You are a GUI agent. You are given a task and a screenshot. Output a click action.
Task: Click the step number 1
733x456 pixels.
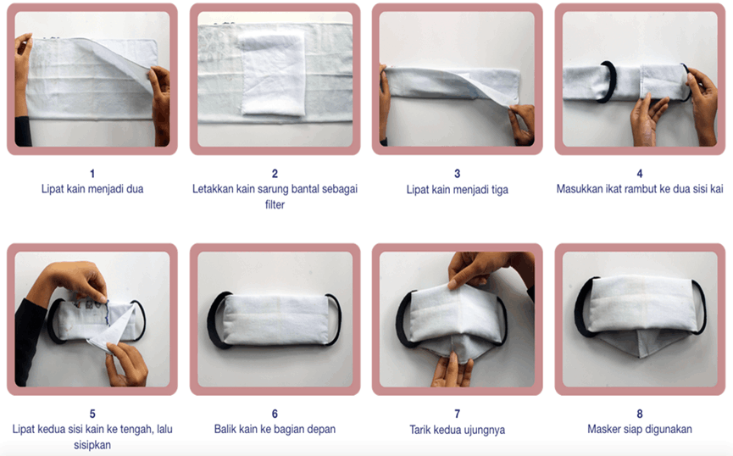click(92, 174)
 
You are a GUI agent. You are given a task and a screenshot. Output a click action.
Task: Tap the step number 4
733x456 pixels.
click(640, 174)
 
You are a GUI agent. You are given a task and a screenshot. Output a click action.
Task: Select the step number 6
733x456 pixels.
click(275, 414)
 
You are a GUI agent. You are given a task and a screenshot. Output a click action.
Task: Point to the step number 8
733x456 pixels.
click(640, 414)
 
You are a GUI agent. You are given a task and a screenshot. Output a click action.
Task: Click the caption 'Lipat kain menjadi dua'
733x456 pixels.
click(92, 189)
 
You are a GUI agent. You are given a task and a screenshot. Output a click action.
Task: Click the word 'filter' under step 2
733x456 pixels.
click(275, 204)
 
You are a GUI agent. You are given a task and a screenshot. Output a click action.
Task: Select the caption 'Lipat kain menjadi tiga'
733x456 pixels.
click(458, 189)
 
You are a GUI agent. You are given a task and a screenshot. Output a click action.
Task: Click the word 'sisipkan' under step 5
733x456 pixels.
click(92, 445)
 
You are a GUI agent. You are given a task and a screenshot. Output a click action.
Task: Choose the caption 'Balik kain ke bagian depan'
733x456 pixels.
click(275, 429)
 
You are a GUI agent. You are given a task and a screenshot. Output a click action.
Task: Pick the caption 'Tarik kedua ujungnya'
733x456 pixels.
click(458, 430)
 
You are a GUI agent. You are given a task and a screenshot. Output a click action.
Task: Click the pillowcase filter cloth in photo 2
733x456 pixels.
click(273, 74)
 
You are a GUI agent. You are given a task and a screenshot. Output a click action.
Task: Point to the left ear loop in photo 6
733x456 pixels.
click(218, 320)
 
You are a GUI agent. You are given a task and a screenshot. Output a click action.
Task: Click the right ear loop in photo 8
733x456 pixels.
click(699, 307)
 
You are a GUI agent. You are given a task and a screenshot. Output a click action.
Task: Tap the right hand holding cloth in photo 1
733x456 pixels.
click(159, 103)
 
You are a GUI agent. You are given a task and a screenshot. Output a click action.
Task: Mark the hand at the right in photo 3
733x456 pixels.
click(522, 124)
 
